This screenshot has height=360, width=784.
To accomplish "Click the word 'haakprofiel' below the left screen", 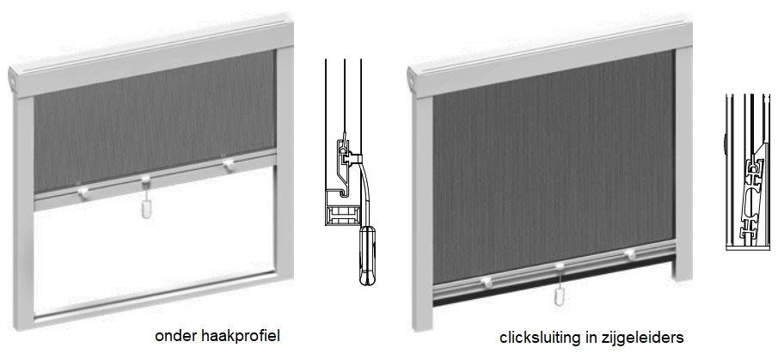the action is point(241,336).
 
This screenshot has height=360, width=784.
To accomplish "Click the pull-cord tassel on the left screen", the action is point(146,209).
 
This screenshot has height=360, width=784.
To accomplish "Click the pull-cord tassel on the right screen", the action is point(560,296).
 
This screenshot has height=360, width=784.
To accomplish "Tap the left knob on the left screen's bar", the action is point(83,192).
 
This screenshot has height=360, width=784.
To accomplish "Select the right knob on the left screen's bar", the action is point(229,163).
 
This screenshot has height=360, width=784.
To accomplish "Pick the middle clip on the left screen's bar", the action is point(145,179).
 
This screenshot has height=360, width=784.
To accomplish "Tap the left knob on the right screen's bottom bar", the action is point(486,283).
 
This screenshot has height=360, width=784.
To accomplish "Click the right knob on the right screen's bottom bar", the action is point(630,255).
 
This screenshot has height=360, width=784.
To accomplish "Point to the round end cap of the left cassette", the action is point(13,77).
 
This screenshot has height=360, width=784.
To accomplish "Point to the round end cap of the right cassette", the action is point(411,77).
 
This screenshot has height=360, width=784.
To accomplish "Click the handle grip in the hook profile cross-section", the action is point(368,255).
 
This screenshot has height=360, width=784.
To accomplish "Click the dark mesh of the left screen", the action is point(155,120).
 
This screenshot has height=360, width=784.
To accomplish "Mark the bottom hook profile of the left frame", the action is point(155,296).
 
